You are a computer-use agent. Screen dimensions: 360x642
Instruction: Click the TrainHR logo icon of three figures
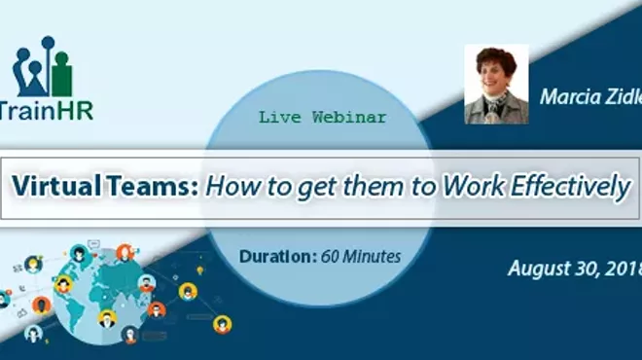(x=44, y=70)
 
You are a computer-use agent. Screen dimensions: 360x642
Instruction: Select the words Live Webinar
(x=322, y=117)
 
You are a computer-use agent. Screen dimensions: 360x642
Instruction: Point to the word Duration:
(x=273, y=257)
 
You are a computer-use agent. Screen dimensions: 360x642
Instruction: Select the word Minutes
(x=374, y=257)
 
